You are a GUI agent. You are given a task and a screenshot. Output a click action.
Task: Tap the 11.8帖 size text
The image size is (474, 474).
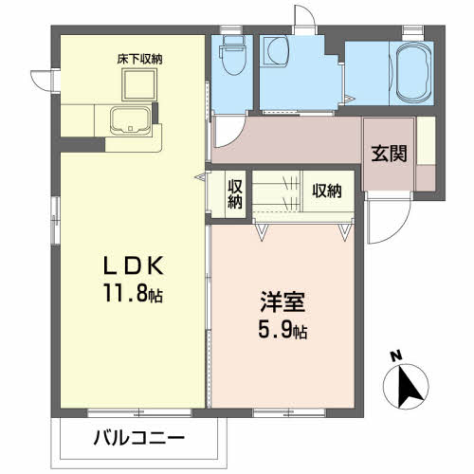[x=132, y=294]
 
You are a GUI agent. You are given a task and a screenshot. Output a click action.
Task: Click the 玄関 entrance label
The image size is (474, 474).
[x=389, y=152]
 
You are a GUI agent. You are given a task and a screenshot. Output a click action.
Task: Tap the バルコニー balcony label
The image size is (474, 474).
[x=139, y=438]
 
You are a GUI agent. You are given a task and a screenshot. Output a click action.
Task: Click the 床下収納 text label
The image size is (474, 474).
[x=140, y=59]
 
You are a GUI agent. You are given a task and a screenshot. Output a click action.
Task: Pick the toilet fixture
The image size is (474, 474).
[x=231, y=57]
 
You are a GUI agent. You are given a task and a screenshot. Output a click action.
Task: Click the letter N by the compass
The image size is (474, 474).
[x=396, y=357]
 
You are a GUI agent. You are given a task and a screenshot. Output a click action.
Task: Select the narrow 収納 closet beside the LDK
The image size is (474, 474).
[x=235, y=192]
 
